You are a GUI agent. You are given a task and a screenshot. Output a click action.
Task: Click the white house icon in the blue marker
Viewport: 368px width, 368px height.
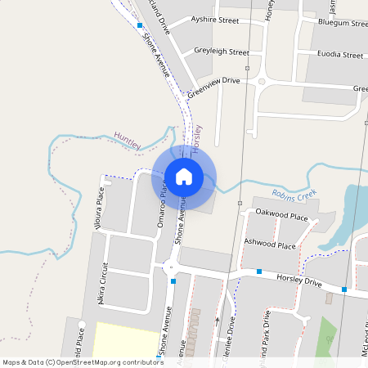pyautogui.click(x=184, y=176)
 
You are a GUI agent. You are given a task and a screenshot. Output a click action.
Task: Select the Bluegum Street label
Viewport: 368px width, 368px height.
pyautogui.click(x=343, y=24)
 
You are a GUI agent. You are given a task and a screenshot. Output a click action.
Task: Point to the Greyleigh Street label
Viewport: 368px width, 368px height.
pyautogui.click(x=221, y=52)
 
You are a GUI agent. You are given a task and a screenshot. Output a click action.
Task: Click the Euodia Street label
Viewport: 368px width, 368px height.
pyautogui.click(x=339, y=55)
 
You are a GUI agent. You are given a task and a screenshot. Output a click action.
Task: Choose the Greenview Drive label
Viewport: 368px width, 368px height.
pyautogui.click(x=213, y=87)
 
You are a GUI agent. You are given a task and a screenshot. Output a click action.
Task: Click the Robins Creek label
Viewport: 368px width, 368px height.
pyautogui.click(x=295, y=195)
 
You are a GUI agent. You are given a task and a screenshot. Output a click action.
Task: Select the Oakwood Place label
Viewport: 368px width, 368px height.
pyautogui.click(x=281, y=217)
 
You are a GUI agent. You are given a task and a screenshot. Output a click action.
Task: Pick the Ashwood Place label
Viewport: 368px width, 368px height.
pyautogui.click(x=270, y=245)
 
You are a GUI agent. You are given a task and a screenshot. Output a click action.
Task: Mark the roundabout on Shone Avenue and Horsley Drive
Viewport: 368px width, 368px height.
pyautogui.click(x=170, y=266)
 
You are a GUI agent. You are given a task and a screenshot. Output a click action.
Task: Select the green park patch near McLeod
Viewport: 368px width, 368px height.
pyautogui.click(x=328, y=335)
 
